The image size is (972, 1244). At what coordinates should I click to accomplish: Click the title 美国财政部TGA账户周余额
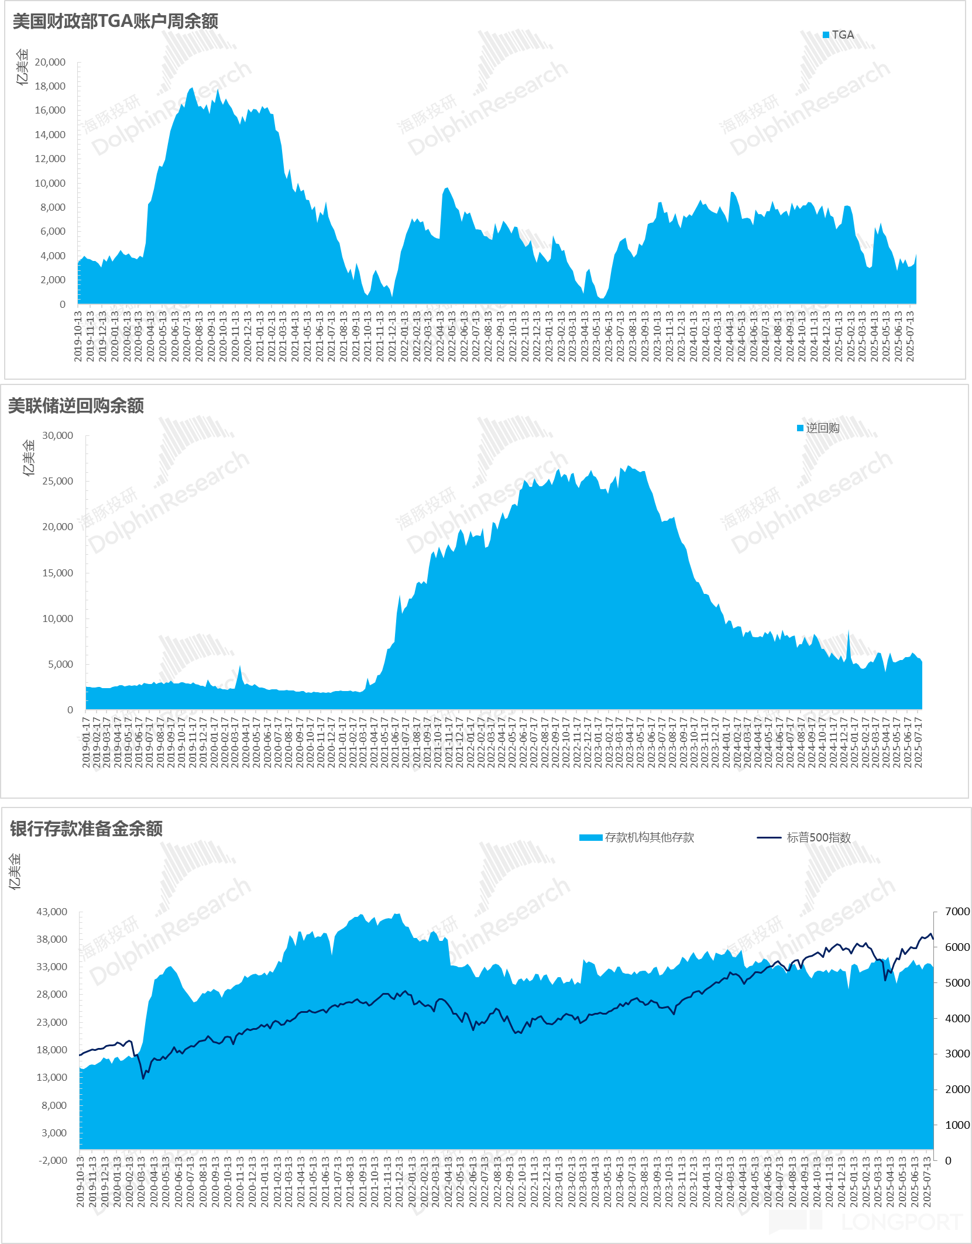click(115, 22)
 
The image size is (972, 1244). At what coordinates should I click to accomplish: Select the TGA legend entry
click(839, 35)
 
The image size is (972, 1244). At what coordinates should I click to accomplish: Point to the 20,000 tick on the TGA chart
click(50, 62)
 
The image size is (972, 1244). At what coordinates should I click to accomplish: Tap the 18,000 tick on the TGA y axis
click(50, 86)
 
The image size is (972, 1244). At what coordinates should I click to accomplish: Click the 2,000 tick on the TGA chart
click(53, 280)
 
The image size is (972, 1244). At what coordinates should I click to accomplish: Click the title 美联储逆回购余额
click(75, 405)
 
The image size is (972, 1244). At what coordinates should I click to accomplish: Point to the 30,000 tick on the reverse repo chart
click(57, 435)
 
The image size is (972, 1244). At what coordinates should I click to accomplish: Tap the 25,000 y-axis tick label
click(57, 481)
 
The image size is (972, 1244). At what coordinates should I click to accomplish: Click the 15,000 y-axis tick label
click(57, 573)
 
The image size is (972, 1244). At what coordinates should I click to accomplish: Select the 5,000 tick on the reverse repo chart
click(60, 664)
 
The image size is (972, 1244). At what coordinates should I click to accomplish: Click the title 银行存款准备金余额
click(86, 829)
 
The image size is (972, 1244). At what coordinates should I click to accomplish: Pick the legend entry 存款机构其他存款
click(637, 838)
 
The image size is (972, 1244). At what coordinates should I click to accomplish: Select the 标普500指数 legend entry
click(805, 838)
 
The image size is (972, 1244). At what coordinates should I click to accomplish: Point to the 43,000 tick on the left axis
click(52, 912)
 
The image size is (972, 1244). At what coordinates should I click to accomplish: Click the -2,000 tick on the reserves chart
click(53, 1160)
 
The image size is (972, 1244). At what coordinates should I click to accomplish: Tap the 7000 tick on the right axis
click(957, 912)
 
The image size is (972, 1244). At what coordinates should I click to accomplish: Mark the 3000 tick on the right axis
click(957, 1054)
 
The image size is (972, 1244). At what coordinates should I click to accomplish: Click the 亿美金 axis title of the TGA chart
click(22, 67)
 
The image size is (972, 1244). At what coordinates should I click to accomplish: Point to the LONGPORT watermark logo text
click(901, 1222)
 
